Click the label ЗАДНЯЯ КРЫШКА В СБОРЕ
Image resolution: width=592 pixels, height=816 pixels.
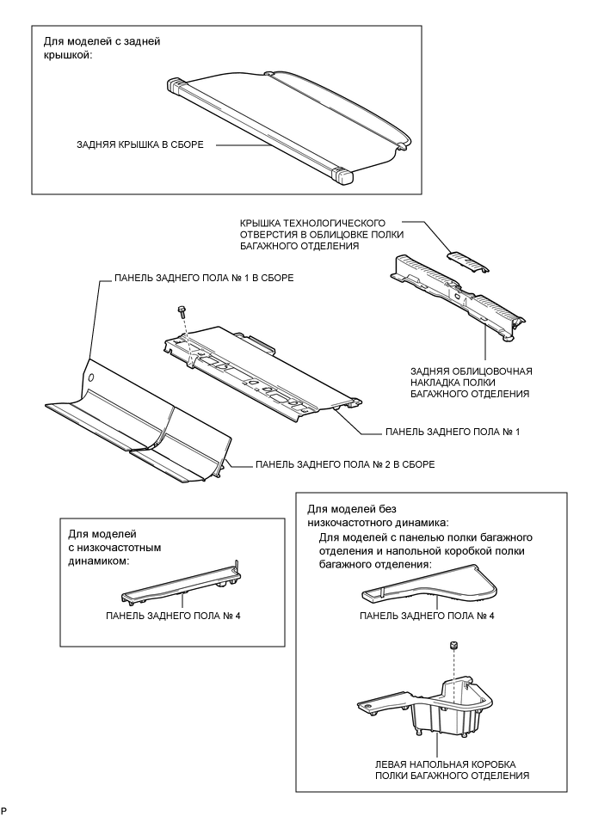[x=139, y=145]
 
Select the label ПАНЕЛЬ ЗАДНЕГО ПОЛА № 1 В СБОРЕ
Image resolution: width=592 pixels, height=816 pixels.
[x=205, y=279]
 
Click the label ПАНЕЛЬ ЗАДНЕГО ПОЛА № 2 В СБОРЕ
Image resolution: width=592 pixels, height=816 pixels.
[x=344, y=464]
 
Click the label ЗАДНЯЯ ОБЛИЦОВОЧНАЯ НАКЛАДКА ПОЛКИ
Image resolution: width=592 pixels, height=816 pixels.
[x=471, y=382]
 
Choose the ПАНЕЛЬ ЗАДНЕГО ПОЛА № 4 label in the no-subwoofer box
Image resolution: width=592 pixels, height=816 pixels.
[x=439, y=616]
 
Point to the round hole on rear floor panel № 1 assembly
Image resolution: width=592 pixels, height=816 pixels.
[x=89, y=377]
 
